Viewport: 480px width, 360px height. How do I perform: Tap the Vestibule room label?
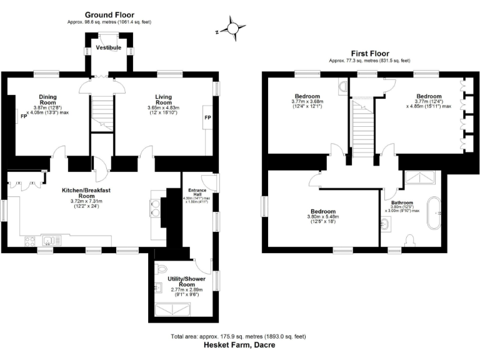108,47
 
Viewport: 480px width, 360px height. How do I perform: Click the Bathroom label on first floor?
402,203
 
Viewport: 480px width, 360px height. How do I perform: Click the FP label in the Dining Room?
24,117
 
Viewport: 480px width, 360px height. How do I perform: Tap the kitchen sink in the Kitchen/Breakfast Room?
49,240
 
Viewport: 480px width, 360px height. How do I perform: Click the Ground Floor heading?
109,14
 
